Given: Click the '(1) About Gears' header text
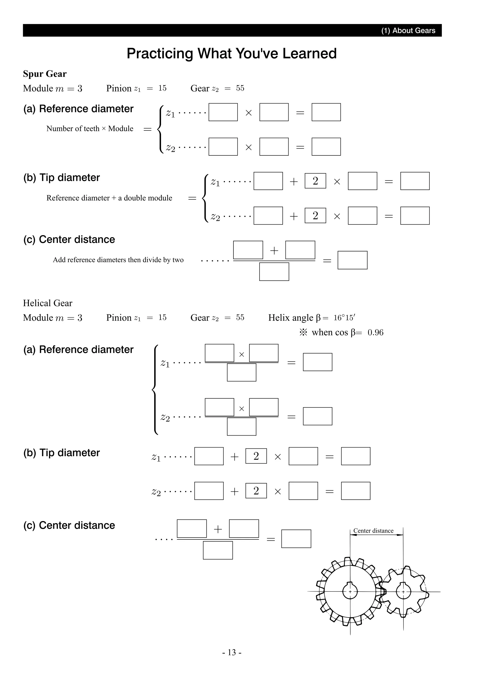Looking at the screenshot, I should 408,31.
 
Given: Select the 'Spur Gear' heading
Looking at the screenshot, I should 45,74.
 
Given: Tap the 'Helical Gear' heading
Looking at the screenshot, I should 48,303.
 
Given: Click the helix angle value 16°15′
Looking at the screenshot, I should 344,318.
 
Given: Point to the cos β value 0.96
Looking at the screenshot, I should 375,333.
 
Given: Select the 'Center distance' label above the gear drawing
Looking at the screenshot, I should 373,531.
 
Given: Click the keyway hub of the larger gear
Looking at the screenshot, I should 350,591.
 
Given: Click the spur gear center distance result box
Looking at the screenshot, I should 352,260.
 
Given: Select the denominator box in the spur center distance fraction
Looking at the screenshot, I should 274,271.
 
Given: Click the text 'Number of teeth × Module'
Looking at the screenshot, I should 90,129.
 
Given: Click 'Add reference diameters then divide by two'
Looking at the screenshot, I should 118,260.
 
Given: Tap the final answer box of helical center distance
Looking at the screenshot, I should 296,539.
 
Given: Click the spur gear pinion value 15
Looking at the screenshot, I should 162,88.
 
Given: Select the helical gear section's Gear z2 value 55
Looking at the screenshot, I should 240,317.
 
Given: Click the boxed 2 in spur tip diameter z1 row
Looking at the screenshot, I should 315,181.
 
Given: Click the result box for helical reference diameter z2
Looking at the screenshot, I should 317,416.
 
